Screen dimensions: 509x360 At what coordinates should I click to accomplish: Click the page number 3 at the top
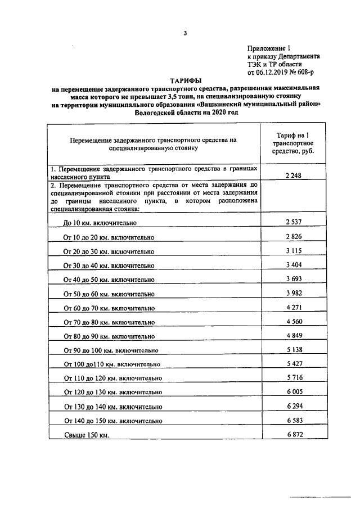tap(184, 33)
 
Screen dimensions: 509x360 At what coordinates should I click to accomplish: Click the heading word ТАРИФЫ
tap(185, 81)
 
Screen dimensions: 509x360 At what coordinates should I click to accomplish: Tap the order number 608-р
tap(309, 73)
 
